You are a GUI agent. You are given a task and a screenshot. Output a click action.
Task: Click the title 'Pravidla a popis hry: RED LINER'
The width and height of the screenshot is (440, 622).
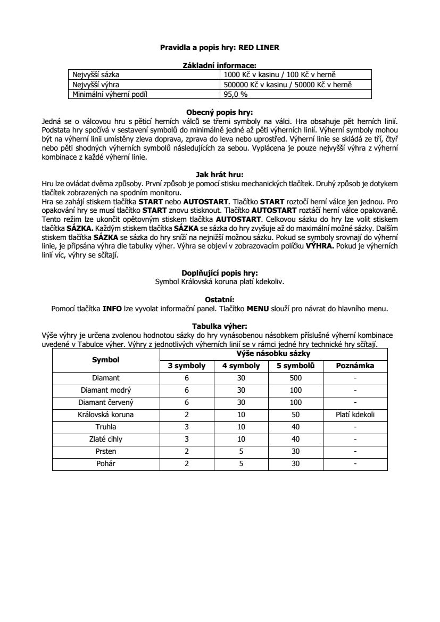pyautogui.click(x=220, y=47)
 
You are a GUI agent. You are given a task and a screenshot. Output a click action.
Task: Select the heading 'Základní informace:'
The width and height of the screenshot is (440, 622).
pyautogui.click(x=220, y=65)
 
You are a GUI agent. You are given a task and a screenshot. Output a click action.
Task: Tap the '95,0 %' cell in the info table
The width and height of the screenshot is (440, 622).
pyautogui.click(x=236, y=95)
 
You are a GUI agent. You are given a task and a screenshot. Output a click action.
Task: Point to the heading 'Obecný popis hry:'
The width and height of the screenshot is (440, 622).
pyautogui.click(x=220, y=112)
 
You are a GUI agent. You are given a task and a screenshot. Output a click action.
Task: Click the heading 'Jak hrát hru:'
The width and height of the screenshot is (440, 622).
pyautogui.click(x=220, y=173)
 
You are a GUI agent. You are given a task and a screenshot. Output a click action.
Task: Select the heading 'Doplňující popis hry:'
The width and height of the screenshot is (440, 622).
pyautogui.click(x=220, y=272)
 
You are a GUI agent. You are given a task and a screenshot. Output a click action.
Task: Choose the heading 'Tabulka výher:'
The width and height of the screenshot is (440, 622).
pyautogui.click(x=220, y=326)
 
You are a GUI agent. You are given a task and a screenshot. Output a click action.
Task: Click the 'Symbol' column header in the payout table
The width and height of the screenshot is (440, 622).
pyautogui.click(x=106, y=360)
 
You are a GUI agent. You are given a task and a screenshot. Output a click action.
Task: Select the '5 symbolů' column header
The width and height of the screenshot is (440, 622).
pyautogui.click(x=296, y=366)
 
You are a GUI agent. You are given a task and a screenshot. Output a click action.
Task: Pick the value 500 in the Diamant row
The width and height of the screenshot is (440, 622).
pyautogui.click(x=296, y=378)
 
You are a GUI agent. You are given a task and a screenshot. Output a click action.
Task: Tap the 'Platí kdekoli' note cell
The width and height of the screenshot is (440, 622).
pyautogui.click(x=355, y=414)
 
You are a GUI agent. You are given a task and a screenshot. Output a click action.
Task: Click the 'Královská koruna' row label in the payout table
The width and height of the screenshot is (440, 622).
pyautogui.click(x=106, y=414)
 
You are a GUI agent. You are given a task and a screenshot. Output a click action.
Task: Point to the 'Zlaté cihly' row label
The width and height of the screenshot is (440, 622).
pyautogui.click(x=106, y=439)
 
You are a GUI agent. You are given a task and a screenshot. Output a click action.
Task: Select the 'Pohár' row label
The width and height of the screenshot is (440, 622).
pyautogui.click(x=106, y=463)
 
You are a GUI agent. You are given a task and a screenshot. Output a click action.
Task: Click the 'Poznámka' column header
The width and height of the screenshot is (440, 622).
pyautogui.click(x=355, y=366)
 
